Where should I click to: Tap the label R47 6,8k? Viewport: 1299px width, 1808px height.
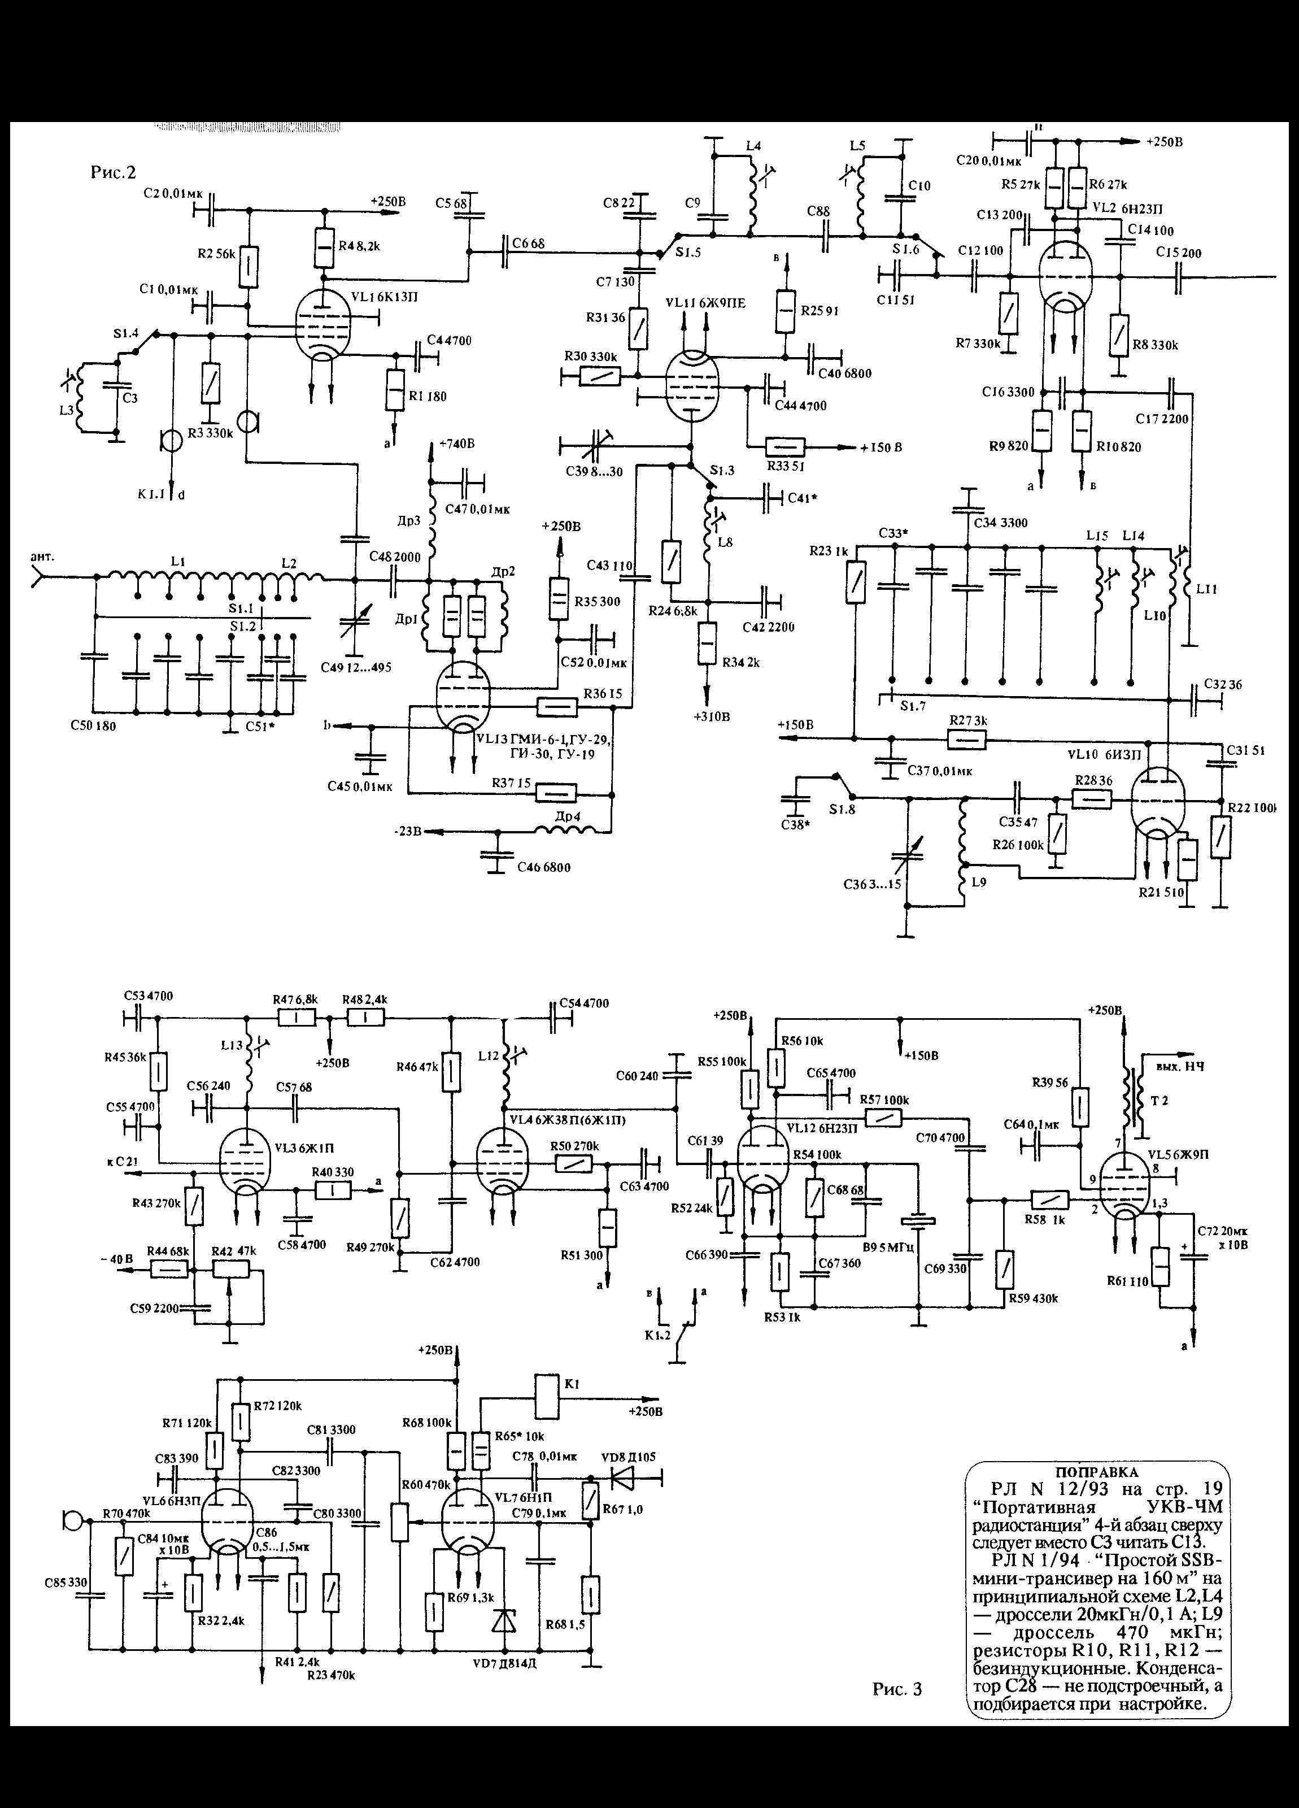[x=295, y=999]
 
